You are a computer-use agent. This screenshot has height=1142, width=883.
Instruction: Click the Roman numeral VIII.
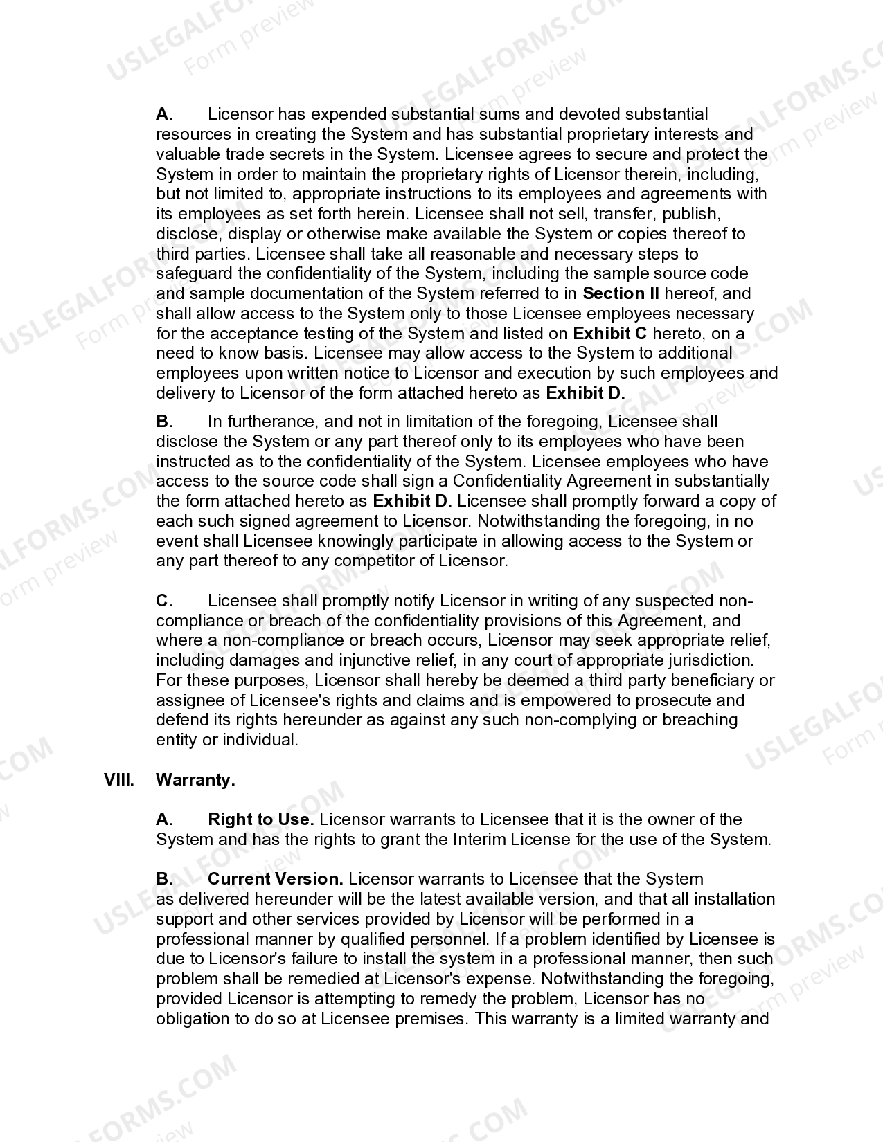[x=118, y=780]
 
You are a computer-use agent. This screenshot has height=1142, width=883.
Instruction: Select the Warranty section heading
[x=195, y=780]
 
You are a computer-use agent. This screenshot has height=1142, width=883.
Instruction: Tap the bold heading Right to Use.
[x=260, y=819]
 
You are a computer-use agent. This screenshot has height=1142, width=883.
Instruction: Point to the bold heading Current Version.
[x=275, y=879]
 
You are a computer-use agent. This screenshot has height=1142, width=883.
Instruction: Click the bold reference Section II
[x=621, y=293]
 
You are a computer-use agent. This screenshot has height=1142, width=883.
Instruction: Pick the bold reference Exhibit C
[x=610, y=334]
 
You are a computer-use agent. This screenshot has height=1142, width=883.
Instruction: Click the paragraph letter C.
[x=164, y=601]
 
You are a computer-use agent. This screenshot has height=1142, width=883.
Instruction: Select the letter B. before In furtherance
[x=164, y=422]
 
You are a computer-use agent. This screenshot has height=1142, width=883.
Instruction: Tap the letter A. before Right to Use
[x=164, y=819]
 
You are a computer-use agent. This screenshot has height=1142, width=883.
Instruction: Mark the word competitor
[x=374, y=561]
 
